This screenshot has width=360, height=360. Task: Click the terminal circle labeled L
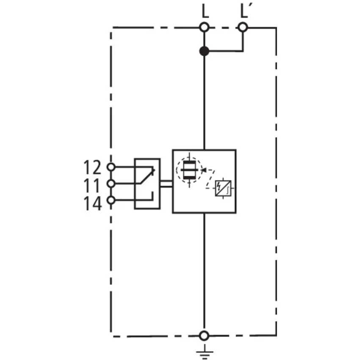point(204,28)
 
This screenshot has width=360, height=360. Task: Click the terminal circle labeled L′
point(243,28)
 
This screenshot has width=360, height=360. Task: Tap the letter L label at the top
point(205,11)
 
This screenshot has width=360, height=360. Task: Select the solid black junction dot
point(204,51)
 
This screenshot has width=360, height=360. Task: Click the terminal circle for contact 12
point(111,167)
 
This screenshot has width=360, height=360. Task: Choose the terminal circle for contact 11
point(111,184)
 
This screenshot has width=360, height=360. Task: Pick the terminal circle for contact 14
point(111,200)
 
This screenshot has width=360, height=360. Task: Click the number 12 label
point(92,167)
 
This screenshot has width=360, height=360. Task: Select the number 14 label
point(92,203)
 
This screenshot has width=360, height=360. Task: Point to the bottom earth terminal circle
point(204,336)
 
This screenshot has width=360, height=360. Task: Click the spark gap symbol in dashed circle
point(189,170)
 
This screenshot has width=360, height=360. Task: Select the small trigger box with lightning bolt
point(223,188)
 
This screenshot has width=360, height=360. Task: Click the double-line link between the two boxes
point(166,184)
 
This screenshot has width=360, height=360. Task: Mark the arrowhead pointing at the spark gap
point(203,170)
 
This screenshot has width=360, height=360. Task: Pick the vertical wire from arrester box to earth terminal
point(204,272)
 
